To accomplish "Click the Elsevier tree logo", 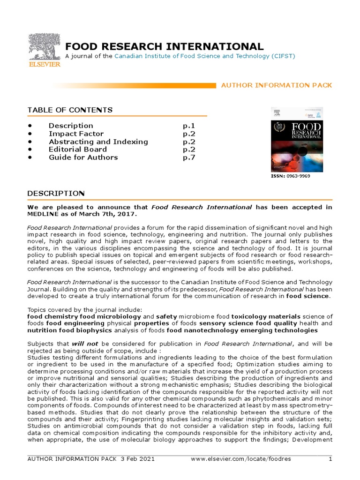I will tap(45, 49).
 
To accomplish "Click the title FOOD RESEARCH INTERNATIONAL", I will tap(164, 46).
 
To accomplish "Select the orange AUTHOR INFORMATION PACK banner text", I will tap(276, 85).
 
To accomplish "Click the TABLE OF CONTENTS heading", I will tap(70, 110).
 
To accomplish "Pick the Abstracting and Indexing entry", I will tap(98, 142).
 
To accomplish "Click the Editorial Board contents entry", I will tap(77, 150).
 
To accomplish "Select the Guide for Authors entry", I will tap(83, 157).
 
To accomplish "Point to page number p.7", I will tap(188, 157).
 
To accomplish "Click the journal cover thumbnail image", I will tap(297, 139).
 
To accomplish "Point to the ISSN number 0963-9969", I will tap(298, 176).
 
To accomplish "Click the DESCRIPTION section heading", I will tap(56, 194).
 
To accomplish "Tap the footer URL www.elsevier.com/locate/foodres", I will tap(241, 459).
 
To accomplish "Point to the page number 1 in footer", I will tap(330, 459).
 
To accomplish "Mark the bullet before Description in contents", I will tap(30, 126).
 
